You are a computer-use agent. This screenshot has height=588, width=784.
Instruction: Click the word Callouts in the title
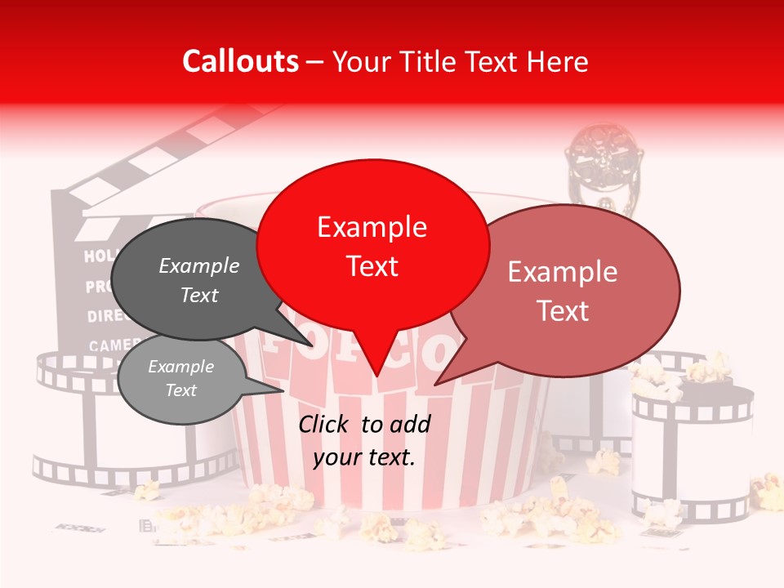240,61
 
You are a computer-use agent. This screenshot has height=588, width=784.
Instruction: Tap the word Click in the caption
326,424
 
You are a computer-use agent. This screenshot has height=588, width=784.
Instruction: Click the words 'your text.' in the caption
364,457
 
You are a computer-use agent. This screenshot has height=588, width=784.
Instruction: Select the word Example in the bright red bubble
372,226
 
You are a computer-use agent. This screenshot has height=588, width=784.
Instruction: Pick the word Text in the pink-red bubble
563,310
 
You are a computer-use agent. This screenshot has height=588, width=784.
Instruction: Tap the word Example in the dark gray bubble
198,265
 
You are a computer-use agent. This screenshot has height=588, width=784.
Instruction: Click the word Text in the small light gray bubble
180,390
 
